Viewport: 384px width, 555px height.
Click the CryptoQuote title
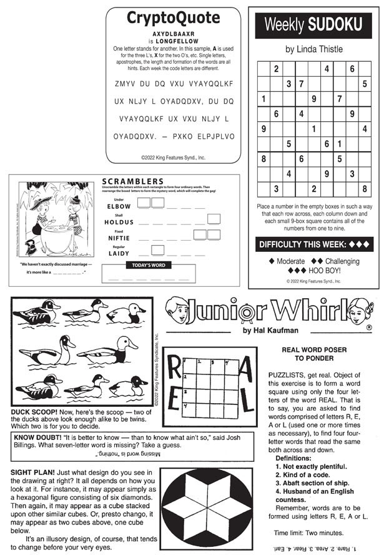point(173,17)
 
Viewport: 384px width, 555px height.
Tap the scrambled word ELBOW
point(119,206)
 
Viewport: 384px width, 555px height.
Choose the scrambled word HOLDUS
point(119,222)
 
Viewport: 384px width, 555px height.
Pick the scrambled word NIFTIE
point(119,237)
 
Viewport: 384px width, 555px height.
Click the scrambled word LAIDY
point(119,253)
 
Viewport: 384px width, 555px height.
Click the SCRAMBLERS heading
point(132,182)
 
